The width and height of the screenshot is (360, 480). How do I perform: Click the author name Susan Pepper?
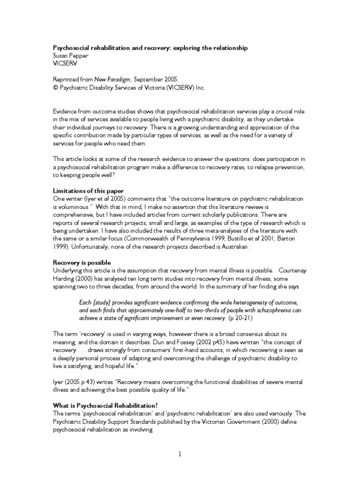70,55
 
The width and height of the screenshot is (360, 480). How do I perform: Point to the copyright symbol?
54,87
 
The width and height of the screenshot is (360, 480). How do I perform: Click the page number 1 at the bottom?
180,454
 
